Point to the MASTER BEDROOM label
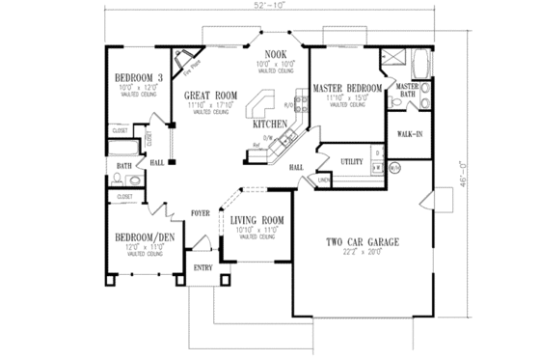(x=347, y=89)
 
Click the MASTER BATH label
(x=407, y=90)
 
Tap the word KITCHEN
(x=269, y=125)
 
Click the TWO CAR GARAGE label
(x=363, y=240)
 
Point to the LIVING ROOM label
(x=256, y=221)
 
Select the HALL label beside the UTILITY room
(x=297, y=167)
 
